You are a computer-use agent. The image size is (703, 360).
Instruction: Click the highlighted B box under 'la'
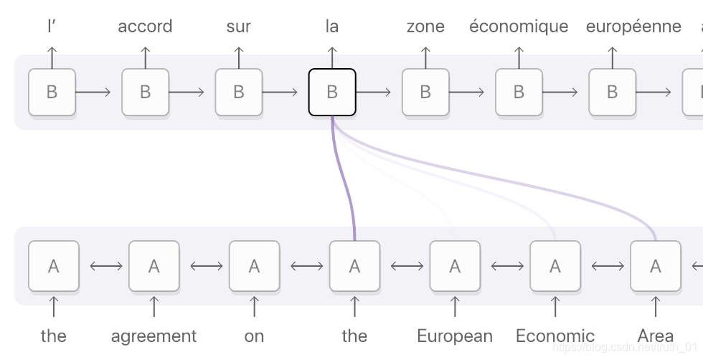332,92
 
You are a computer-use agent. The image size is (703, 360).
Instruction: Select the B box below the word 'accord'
145,92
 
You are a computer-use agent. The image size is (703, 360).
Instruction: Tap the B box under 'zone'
425,92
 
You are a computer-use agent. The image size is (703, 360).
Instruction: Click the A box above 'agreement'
154,266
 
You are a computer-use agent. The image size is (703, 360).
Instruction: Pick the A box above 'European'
455,266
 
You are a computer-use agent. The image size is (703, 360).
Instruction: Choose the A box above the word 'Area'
655,266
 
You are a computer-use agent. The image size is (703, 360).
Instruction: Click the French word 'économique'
519,27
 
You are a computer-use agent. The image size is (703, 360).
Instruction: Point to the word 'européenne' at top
633,27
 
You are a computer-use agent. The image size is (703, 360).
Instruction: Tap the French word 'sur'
239,27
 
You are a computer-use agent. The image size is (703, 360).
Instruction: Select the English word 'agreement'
154,336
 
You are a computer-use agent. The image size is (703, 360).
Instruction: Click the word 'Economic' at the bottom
555,336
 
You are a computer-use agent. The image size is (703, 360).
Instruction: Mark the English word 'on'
254,336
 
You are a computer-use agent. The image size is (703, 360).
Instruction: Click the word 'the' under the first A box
53,336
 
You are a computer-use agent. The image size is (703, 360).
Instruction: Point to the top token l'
52,27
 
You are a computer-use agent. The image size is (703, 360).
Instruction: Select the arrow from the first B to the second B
93,92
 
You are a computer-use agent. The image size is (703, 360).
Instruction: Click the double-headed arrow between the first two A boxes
103,266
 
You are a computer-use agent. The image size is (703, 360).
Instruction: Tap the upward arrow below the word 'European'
455,306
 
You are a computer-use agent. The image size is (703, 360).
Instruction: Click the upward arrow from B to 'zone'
425,57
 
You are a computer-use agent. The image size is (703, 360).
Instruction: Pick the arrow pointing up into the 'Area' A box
655,306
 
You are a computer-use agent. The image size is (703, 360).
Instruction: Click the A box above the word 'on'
254,266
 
